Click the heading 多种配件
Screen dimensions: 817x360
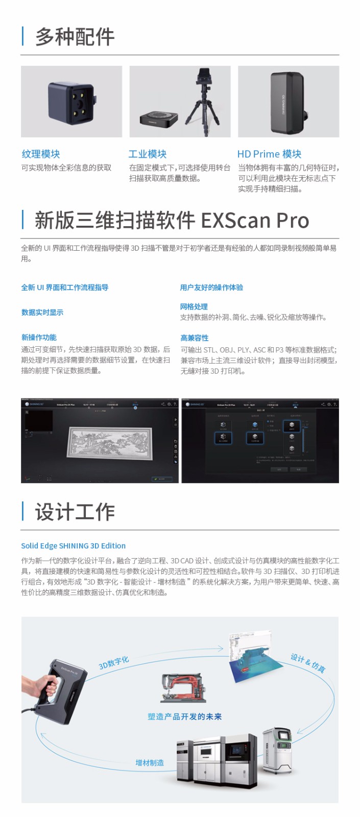(75, 37)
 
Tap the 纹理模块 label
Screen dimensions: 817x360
(41, 154)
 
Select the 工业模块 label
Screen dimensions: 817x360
(148, 154)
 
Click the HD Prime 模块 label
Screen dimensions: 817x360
(269, 154)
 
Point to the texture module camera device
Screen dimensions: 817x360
(71, 103)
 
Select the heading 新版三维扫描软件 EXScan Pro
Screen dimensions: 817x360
(172, 221)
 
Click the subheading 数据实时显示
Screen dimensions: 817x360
(42, 313)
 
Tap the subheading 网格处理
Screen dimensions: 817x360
(194, 306)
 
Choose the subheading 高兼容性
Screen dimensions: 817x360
(195, 338)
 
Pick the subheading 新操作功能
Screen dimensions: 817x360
(39, 337)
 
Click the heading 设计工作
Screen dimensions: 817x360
(75, 512)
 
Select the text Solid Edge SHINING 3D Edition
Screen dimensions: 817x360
(73, 545)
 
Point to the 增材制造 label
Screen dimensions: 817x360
(150, 763)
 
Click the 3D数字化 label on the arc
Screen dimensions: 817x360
(114, 663)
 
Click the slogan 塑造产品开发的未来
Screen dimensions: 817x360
(185, 716)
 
